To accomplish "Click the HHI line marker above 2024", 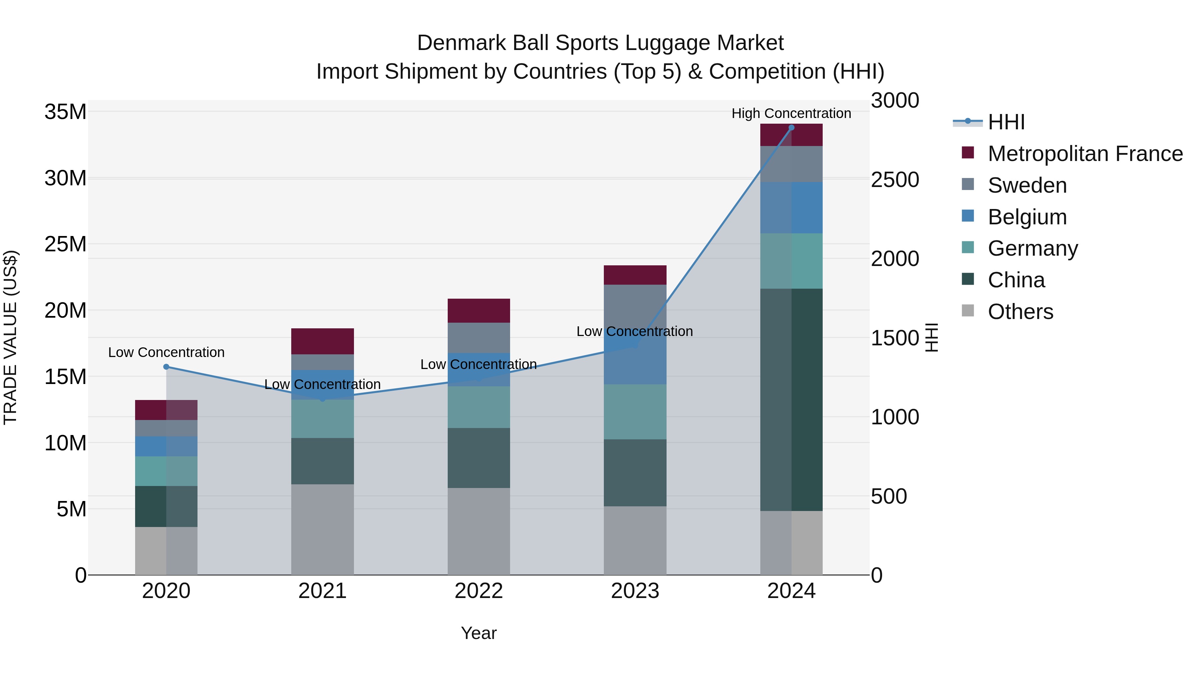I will point(791,128).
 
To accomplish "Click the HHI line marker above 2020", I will point(166,367).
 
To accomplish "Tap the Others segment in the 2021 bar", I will point(322,529).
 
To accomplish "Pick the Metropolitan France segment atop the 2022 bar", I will point(478,311).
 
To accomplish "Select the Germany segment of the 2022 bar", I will point(478,407).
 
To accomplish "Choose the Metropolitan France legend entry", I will point(1085,154).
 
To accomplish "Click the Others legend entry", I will point(1020,312).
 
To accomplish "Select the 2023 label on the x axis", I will point(635,591).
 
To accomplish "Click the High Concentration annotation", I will point(791,113).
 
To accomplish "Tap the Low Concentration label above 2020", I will point(166,352).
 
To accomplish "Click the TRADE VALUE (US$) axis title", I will point(10,337).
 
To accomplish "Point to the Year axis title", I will point(478,633).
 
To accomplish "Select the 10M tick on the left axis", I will point(65,443).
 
